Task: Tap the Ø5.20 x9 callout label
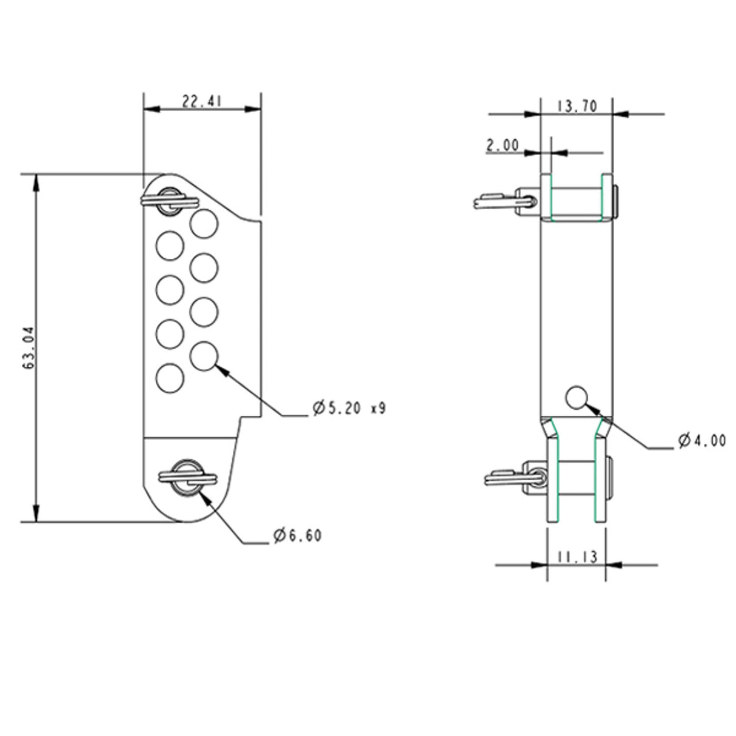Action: pyautogui.click(x=349, y=408)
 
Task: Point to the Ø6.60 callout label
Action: pyautogui.click(x=298, y=535)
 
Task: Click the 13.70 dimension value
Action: pyautogui.click(x=577, y=107)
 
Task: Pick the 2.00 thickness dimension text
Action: pyautogui.click(x=503, y=146)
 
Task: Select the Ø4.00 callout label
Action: pyautogui.click(x=702, y=441)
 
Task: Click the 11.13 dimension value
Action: pyautogui.click(x=577, y=557)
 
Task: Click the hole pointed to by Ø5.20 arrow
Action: pyautogui.click(x=204, y=356)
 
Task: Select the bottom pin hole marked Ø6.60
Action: pyautogui.click(x=187, y=477)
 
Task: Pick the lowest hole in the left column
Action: pyautogui.click(x=170, y=378)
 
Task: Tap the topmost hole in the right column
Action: pyautogui.click(x=204, y=224)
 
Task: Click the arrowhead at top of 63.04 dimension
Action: pyautogui.click(x=36, y=181)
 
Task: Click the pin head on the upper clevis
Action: pyautogui.click(x=616, y=201)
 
